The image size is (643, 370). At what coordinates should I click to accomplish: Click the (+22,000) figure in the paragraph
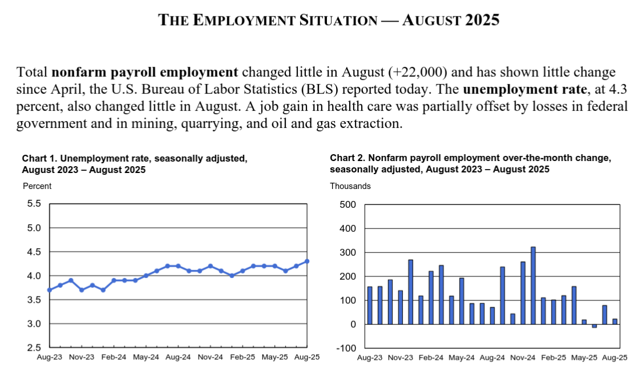coord(417,72)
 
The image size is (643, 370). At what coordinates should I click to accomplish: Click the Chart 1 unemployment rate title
coord(134,164)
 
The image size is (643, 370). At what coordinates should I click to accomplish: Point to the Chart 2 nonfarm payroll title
coord(470,163)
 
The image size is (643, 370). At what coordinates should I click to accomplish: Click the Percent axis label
coord(37,186)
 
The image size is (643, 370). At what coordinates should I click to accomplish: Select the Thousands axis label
coord(350,186)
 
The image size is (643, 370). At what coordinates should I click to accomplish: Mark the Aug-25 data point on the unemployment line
coord(307,261)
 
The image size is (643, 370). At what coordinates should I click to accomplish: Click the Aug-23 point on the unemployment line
coord(50,290)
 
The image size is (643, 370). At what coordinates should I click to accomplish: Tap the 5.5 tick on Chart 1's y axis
coord(34,204)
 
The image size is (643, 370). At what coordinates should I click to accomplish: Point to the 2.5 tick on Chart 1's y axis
coord(34,348)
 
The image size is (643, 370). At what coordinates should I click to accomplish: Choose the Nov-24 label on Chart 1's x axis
coord(210,357)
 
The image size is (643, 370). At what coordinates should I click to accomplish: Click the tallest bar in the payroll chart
coord(533,285)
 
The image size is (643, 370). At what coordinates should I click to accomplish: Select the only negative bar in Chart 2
coord(594,325)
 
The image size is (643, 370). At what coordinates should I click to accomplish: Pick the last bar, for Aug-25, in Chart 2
coord(614,321)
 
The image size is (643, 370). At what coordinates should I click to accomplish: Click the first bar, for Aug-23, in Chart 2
coord(370,305)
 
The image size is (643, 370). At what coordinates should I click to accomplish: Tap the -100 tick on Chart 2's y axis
coord(346,348)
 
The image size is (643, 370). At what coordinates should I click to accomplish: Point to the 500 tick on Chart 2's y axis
coord(348,204)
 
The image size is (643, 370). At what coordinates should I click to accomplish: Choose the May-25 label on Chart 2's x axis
coord(584,357)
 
